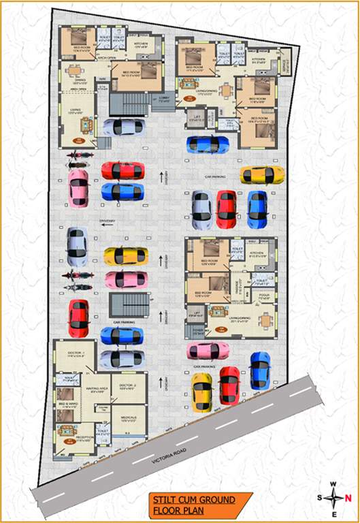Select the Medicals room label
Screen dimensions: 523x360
coord(129,419)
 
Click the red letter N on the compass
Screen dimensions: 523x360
coord(348,498)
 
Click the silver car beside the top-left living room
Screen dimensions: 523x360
coord(123,127)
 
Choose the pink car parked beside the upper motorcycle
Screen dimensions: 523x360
coord(78,188)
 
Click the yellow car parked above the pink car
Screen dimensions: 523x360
coord(126,256)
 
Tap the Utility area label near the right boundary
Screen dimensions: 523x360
coord(286,65)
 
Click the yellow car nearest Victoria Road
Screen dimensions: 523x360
coord(201,393)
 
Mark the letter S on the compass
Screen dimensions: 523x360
coord(320,498)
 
